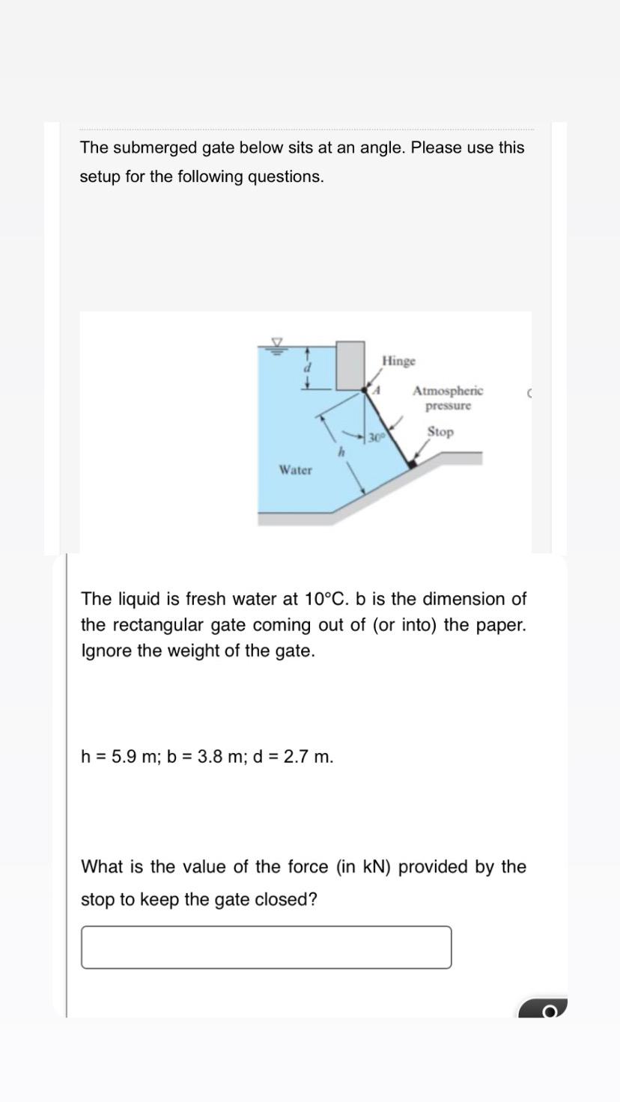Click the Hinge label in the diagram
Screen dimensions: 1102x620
(x=398, y=361)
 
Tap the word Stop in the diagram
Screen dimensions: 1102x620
(x=440, y=432)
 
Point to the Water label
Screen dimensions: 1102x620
(x=295, y=470)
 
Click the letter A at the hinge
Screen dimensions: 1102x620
(x=378, y=390)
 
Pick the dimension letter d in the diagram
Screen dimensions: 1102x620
(x=306, y=368)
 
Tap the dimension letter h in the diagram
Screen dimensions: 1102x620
(x=341, y=452)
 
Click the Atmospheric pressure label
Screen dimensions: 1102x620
(x=448, y=398)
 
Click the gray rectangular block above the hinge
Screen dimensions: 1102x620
(x=350, y=365)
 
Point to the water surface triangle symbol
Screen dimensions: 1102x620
(x=277, y=343)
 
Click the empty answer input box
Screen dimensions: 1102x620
(x=266, y=947)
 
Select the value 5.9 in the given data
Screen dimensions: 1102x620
(x=122, y=757)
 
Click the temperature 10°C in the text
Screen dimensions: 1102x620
(x=323, y=600)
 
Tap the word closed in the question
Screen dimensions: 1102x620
(x=293, y=900)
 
